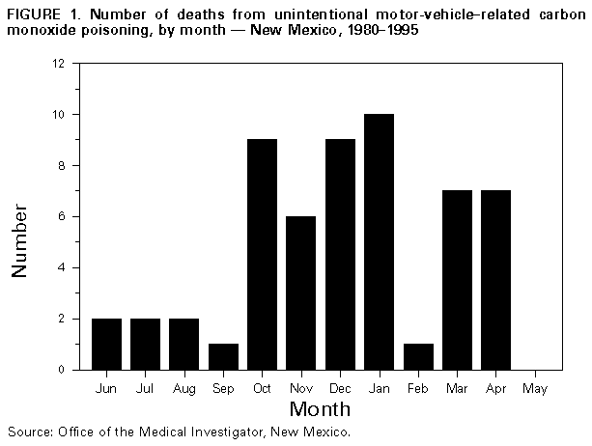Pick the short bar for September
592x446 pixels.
224,356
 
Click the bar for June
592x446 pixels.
106,344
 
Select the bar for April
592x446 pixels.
495,280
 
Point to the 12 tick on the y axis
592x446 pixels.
59,64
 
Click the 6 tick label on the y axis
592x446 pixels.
62,217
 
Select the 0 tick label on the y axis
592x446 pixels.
62,370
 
